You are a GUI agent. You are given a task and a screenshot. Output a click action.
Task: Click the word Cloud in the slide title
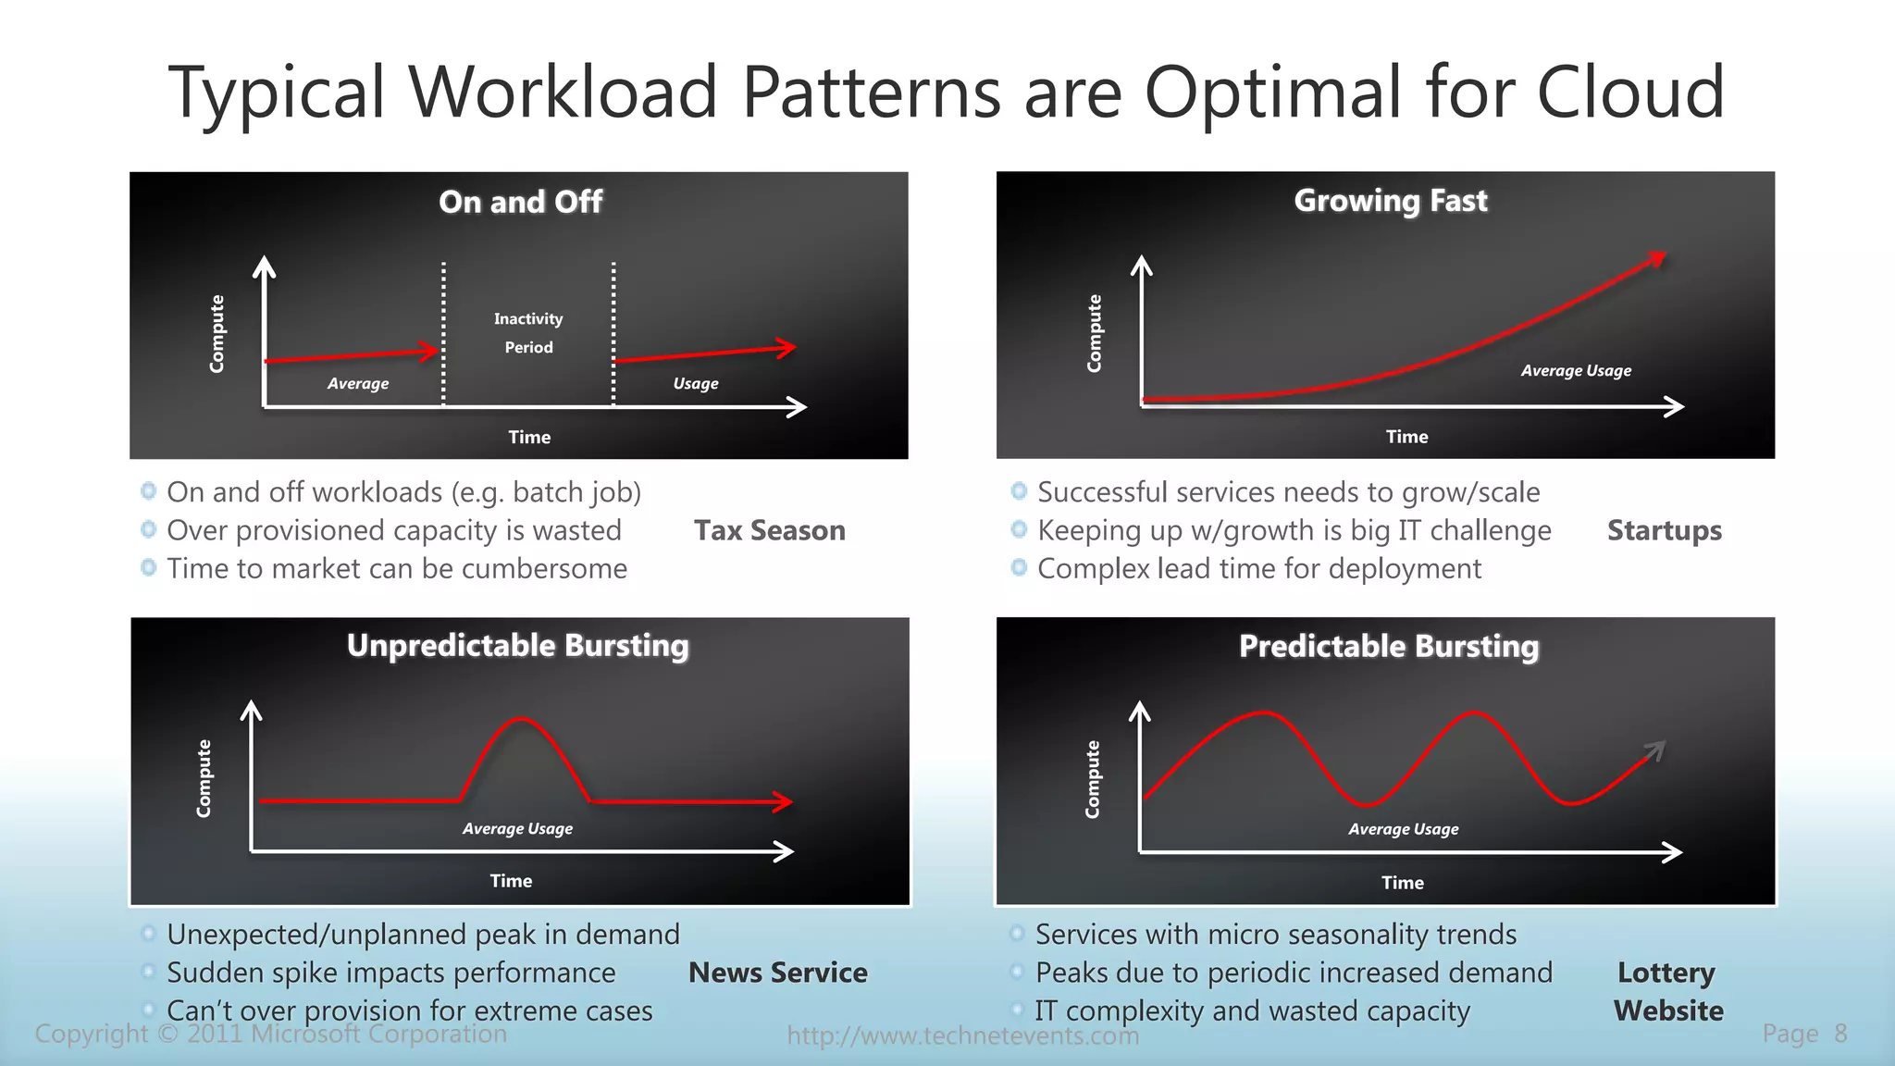point(1630,93)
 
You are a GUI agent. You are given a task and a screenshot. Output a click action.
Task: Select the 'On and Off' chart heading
point(520,202)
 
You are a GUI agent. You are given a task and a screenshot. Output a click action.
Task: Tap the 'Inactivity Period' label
point(528,333)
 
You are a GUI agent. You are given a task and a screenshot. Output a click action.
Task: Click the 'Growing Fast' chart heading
point(1390,201)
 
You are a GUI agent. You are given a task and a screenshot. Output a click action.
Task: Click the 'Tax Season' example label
point(769,530)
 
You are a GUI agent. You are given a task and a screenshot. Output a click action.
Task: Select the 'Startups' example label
point(1664,530)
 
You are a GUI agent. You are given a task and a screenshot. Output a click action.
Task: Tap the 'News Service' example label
point(777,973)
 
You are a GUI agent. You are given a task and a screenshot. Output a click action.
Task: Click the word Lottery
point(1666,973)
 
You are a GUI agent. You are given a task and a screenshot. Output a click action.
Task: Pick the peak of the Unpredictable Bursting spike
point(522,719)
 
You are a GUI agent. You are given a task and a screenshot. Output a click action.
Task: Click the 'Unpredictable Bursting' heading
point(517,645)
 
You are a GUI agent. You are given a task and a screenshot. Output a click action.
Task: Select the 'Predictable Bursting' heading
point(1388,646)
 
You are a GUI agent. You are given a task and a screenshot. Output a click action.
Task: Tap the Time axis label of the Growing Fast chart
point(1406,437)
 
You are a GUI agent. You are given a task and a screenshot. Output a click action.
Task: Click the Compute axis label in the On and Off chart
point(217,334)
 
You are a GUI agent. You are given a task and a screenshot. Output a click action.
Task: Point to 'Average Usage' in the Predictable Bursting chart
point(1403,829)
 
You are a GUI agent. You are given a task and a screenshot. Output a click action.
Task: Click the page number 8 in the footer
point(1840,1034)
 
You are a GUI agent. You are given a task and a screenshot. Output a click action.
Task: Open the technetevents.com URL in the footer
point(962,1035)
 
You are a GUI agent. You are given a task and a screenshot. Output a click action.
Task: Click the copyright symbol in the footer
point(167,1034)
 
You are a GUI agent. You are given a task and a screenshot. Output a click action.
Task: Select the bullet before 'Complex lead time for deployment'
point(1019,567)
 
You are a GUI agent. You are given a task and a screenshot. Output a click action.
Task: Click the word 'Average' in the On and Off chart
point(358,383)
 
